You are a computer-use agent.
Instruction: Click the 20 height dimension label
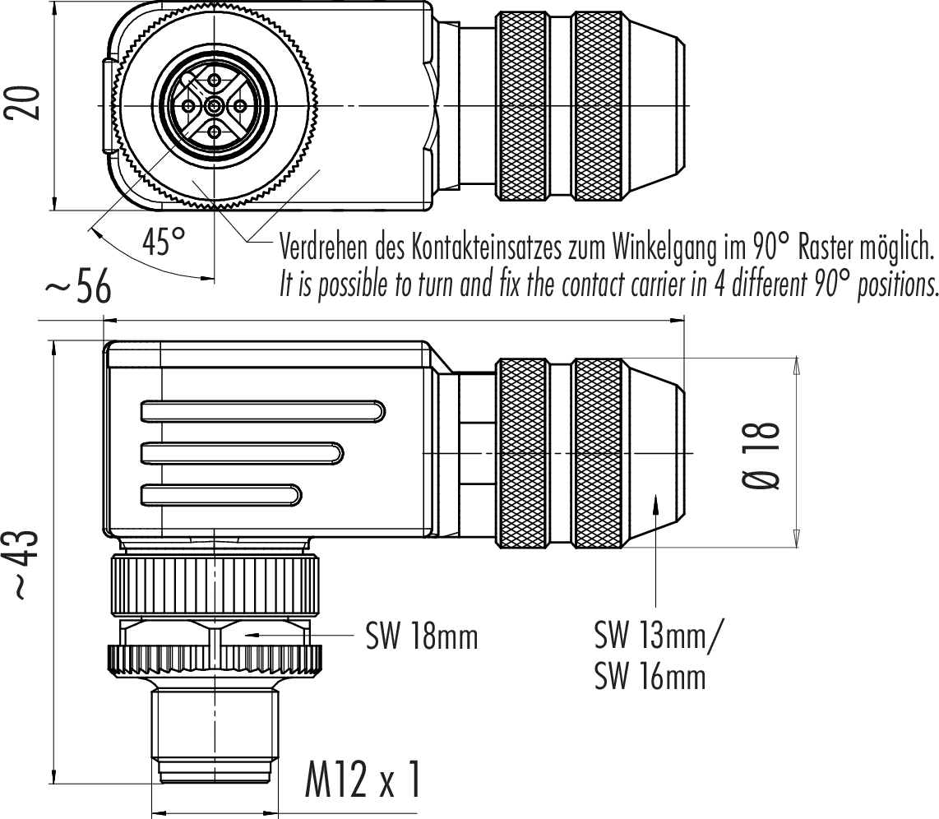[24, 103]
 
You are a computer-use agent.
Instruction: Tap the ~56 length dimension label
[78, 287]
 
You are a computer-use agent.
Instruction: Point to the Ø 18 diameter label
[761, 456]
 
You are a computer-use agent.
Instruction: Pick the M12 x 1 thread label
[363, 780]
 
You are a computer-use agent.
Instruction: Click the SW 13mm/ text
[659, 635]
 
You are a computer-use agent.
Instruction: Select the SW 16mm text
[650, 677]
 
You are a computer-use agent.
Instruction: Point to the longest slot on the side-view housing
[263, 411]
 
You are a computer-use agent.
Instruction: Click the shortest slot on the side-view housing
[221, 494]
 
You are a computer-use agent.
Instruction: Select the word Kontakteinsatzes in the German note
[486, 247]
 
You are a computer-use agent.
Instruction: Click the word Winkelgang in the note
[664, 248]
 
